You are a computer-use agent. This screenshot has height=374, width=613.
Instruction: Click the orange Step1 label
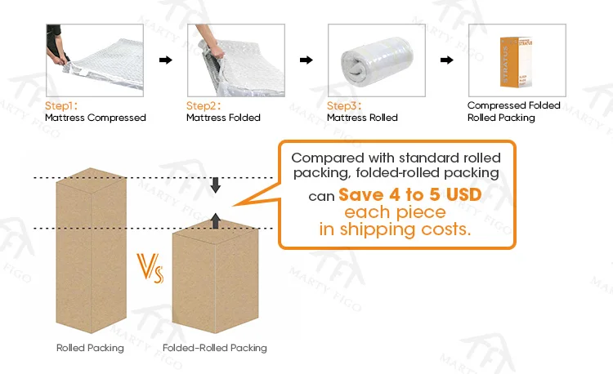click(x=60, y=106)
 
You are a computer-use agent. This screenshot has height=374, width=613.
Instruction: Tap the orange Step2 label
click(x=203, y=106)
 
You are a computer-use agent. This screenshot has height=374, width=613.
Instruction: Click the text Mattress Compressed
click(x=95, y=118)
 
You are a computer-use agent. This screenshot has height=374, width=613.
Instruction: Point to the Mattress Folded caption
click(x=223, y=118)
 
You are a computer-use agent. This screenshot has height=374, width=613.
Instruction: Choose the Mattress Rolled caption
click(x=362, y=118)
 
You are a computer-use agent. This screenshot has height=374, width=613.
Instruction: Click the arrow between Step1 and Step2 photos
click(x=164, y=60)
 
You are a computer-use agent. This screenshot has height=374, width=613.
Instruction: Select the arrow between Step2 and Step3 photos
click(x=305, y=60)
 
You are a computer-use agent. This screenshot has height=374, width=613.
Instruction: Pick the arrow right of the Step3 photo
click(x=446, y=60)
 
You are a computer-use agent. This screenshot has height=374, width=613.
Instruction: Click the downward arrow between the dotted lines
click(x=216, y=185)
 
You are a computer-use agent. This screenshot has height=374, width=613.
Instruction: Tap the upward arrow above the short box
click(x=216, y=219)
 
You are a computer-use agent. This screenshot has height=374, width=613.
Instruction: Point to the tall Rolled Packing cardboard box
click(x=89, y=253)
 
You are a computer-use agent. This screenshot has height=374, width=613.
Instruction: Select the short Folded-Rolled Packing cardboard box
click(x=216, y=278)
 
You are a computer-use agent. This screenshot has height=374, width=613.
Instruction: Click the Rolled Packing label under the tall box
click(x=90, y=348)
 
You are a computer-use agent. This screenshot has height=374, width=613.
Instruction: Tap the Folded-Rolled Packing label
click(x=215, y=348)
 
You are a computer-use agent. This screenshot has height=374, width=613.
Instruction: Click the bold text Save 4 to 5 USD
click(x=409, y=196)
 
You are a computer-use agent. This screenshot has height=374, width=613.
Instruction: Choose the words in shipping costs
click(x=395, y=229)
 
